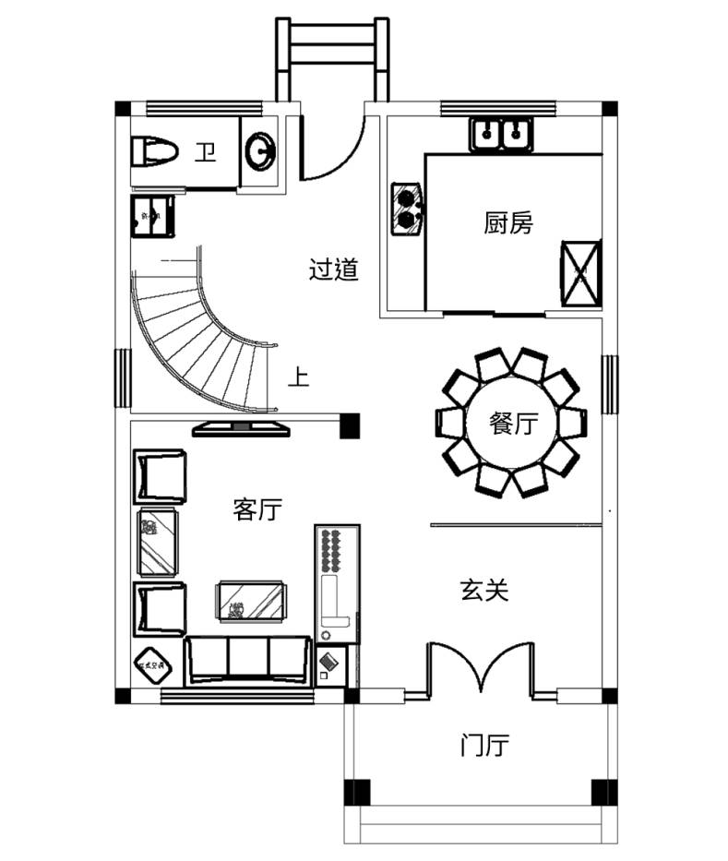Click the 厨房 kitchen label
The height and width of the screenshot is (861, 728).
point(507,222)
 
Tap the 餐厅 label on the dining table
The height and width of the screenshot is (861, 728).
point(512,425)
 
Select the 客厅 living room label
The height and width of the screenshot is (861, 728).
point(257,508)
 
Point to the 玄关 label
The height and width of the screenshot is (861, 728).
point(483,591)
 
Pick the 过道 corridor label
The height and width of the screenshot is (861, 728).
point(333,270)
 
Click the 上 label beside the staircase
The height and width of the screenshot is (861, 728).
point(298,377)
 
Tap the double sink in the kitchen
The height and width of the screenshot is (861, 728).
point(500,135)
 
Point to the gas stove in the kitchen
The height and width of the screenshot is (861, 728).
point(406,208)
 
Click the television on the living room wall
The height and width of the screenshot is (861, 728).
point(241,427)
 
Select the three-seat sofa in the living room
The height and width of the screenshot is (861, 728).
point(247,659)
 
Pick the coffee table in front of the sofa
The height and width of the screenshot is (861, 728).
point(251,600)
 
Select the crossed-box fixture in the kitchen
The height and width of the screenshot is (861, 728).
point(581,272)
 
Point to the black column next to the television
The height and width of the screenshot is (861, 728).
point(350,426)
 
